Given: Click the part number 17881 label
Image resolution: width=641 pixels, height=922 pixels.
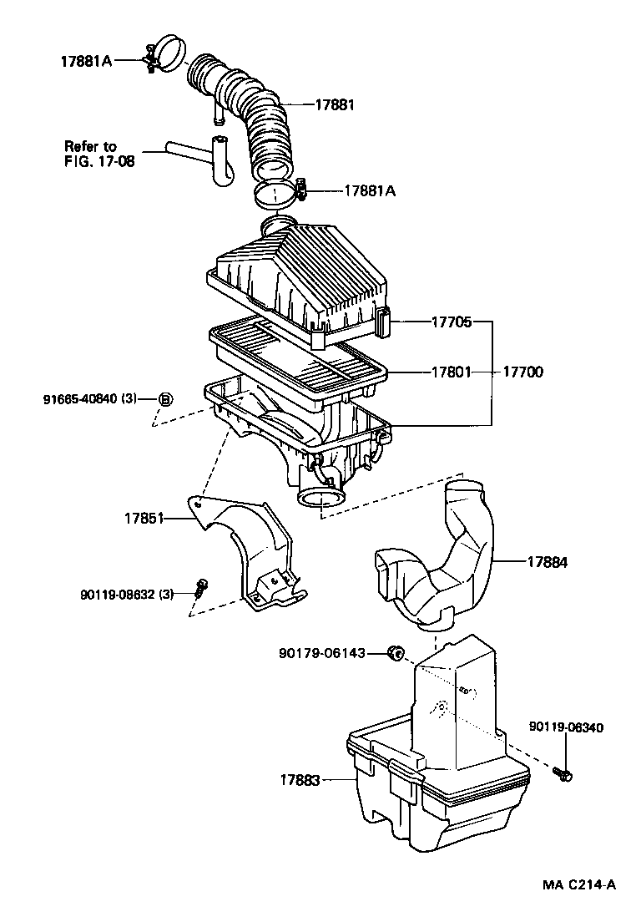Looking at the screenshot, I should pos(335,105).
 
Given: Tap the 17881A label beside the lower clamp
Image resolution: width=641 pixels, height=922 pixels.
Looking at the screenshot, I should pos(369,190).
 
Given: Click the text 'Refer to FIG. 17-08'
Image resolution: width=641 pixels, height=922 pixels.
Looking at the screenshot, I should pos(98,153).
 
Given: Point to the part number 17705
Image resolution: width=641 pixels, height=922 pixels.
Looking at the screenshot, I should pos(452,322).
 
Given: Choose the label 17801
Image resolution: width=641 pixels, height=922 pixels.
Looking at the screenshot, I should pos(452,372).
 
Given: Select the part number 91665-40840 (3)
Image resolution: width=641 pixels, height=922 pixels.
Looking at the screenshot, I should pos(90,399).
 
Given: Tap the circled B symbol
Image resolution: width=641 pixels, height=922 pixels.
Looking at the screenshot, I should pos(165,399).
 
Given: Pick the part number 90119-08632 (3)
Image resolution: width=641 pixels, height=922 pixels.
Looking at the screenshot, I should pos(127,594).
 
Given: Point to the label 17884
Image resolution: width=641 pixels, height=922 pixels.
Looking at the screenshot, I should pos(547,563).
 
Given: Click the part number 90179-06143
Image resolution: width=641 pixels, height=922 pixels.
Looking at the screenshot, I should pos(322,652).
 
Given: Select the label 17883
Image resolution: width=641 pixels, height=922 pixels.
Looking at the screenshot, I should pos(300,780).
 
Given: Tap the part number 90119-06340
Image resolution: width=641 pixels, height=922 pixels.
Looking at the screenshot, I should pos(565,728).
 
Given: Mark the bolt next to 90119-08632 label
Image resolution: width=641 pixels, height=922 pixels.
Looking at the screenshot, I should pos(200,587).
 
